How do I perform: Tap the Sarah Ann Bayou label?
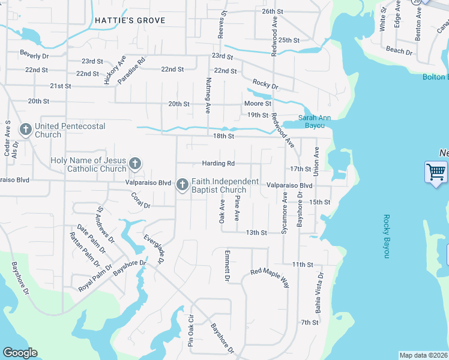pyautogui.click(x=316, y=122)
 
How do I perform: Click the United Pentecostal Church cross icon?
pyautogui.click(x=25, y=129)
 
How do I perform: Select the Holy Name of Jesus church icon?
pyautogui.click(x=135, y=164)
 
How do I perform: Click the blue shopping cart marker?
pyautogui.click(x=436, y=172)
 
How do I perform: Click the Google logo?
pyautogui.click(x=20, y=353)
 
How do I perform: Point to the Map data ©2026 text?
pyautogui.click(x=423, y=355)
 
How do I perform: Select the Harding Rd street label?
pyautogui.click(x=218, y=163)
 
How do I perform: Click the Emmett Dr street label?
pyautogui.click(x=228, y=266)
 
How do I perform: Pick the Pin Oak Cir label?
pyautogui.click(x=191, y=331)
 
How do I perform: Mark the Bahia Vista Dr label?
pyautogui.click(x=319, y=293)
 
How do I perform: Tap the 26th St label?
pyautogui.click(x=272, y=11)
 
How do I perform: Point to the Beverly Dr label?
pyautogui.click(x=34, y=55)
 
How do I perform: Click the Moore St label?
pyautogui.click(x=258, y=104)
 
